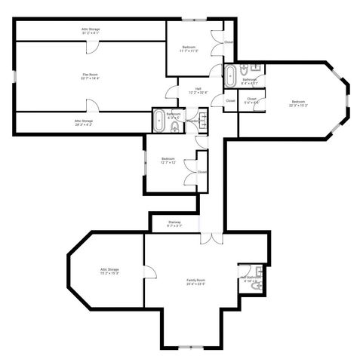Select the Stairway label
coord(174,222)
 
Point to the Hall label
coord(198,90)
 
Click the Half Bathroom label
coord(251,278)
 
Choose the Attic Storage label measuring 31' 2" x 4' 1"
coord(91,29)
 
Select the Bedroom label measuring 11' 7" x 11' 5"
coord(189,50)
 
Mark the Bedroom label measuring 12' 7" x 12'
coord(168,159)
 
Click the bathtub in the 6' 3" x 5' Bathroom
coord(159,119)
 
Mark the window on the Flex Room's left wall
coord(15,75)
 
